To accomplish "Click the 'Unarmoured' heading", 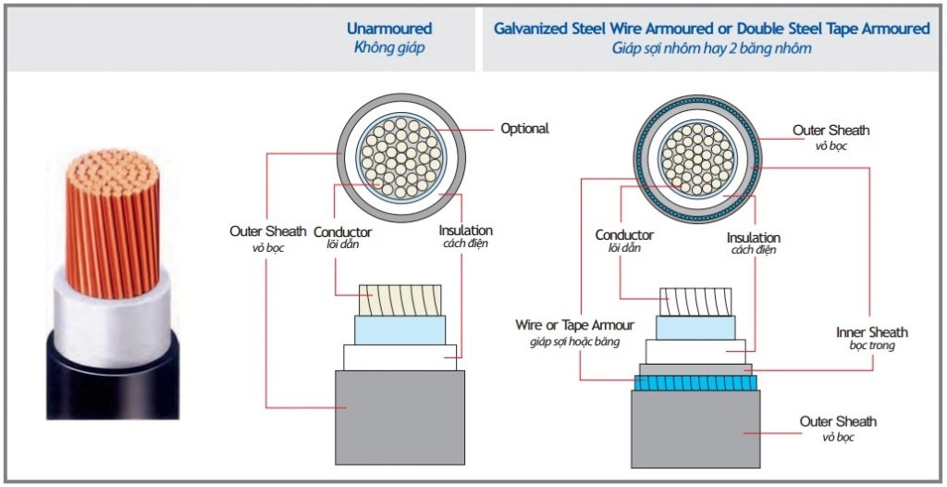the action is point(389,29).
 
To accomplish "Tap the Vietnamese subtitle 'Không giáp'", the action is point(389,48).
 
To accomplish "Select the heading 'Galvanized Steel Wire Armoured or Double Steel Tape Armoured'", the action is point(711,29).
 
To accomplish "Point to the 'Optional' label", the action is point(524,129).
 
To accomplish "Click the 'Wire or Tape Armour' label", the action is point(574,325).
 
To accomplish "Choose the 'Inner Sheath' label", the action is point(871,332).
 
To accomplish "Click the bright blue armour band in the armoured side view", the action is point(695,383).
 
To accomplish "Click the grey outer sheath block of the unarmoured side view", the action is point(400,418).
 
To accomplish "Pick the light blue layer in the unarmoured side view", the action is point(400,330).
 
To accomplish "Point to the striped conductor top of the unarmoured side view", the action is point(400,300).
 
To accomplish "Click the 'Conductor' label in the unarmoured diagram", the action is point(342,232).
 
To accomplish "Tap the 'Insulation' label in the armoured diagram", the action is point(753,238).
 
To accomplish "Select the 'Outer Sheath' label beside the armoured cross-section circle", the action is point(831,130).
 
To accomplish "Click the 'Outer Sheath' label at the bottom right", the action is point(838,421).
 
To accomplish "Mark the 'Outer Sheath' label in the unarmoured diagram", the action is point(267,231).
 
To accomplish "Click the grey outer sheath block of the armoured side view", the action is point(695,429).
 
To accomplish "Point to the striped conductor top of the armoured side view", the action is point(695,302).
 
